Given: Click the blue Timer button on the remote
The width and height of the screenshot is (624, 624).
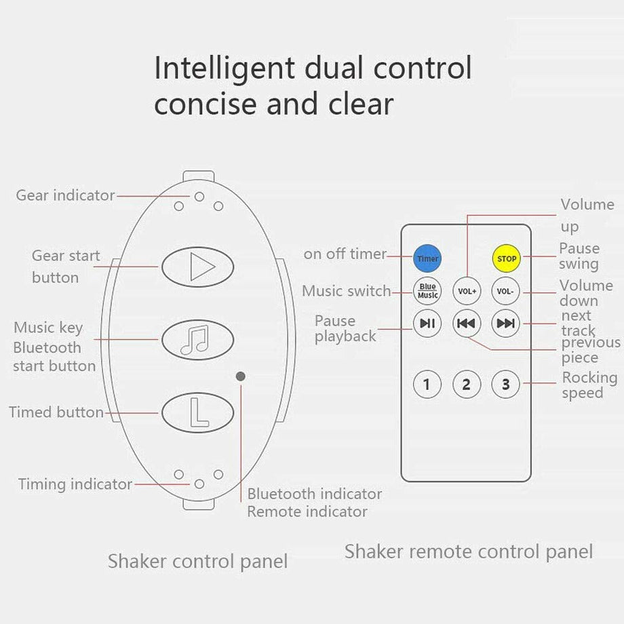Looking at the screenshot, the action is (x=427, y=258).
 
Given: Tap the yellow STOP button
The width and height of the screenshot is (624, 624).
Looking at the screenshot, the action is (x=506, y=258).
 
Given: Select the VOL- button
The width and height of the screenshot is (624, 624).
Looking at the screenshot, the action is (x=505, y=291).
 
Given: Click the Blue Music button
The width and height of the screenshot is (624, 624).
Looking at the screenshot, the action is (x=427, y=291).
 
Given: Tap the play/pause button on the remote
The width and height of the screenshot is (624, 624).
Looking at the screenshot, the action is (x=427, y=323).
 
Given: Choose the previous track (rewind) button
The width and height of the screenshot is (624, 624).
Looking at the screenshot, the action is (x=467, y=323).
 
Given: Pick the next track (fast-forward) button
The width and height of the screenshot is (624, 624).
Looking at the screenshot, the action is (x=505, y=323).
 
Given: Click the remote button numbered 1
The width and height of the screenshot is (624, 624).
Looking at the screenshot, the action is (x=427, y=385).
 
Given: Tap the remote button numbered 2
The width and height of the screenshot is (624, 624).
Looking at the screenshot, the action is (x=467, y=385).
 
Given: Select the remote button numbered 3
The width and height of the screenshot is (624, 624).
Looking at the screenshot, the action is (x=505, y=385).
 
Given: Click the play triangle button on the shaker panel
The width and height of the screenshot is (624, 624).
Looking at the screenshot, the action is (x=197, y=267).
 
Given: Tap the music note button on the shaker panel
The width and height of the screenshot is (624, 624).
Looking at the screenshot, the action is (x=197, y=340).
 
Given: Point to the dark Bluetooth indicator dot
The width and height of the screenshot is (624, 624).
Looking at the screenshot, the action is (x=240, y=376).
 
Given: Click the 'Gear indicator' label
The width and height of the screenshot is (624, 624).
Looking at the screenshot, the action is (x=65, y=195).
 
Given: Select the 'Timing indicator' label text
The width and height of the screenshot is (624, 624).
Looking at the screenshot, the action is (x=75, y=484).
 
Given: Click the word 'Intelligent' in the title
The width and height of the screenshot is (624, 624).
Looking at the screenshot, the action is (x=225, y=69).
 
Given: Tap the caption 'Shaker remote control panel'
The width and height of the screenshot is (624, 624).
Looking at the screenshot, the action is (x=469, y=551).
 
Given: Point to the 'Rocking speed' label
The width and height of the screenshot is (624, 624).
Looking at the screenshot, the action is (x=589, y=385).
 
